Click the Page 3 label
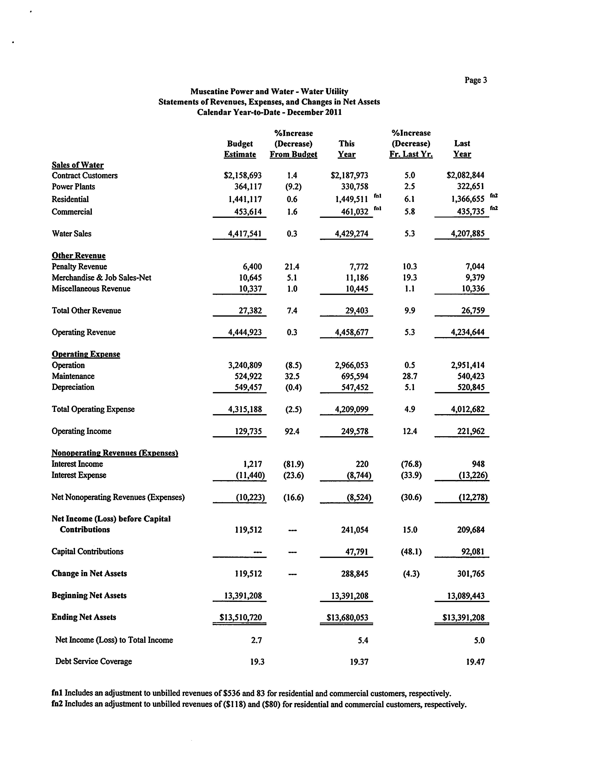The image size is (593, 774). point(475,80)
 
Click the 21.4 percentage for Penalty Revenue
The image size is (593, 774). point(292,267)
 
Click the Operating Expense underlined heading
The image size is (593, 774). point(86,354)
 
